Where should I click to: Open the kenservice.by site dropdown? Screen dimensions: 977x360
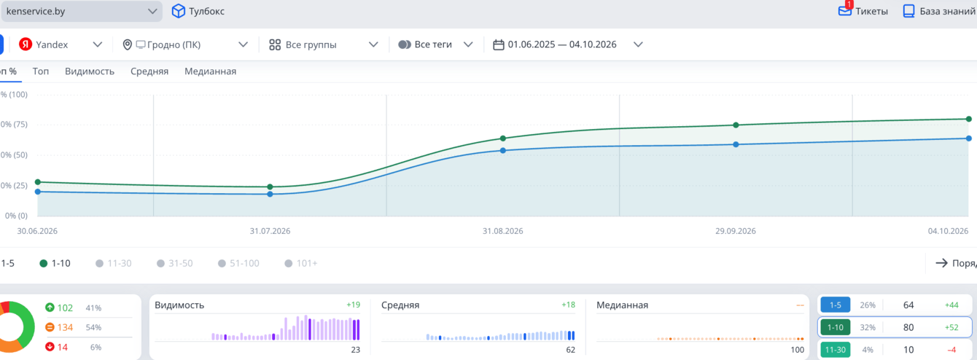(x=82, y=12)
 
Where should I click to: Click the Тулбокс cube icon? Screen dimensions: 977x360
(x=178, y=12)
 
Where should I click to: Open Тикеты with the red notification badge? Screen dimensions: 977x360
(x=863, y=11)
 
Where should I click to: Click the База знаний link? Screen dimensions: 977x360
(x=939, y=12)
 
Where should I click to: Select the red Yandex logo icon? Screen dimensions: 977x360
(x=26, y=44)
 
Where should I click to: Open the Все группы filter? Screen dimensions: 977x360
(x=323, y=44)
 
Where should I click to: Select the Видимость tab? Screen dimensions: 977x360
(x=90, y=71)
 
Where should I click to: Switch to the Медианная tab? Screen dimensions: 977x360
(x=210, y=71)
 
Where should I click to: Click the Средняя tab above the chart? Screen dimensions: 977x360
(x=149, y=71)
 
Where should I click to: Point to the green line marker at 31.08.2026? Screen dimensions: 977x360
(x=503, y=138)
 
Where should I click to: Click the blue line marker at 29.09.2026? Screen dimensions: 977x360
(x=736, y=144)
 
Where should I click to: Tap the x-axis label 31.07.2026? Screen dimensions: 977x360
(x=270, y=231)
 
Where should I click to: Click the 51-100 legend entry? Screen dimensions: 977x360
(x=238, y=263)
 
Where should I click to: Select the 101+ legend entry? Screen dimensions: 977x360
(x=300, y=263)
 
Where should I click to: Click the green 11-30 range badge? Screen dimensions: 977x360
(x=836, y=350)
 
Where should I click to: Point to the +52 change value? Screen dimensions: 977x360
(x=951, y=327)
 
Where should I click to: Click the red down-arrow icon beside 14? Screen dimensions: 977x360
(x=50, y=347)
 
